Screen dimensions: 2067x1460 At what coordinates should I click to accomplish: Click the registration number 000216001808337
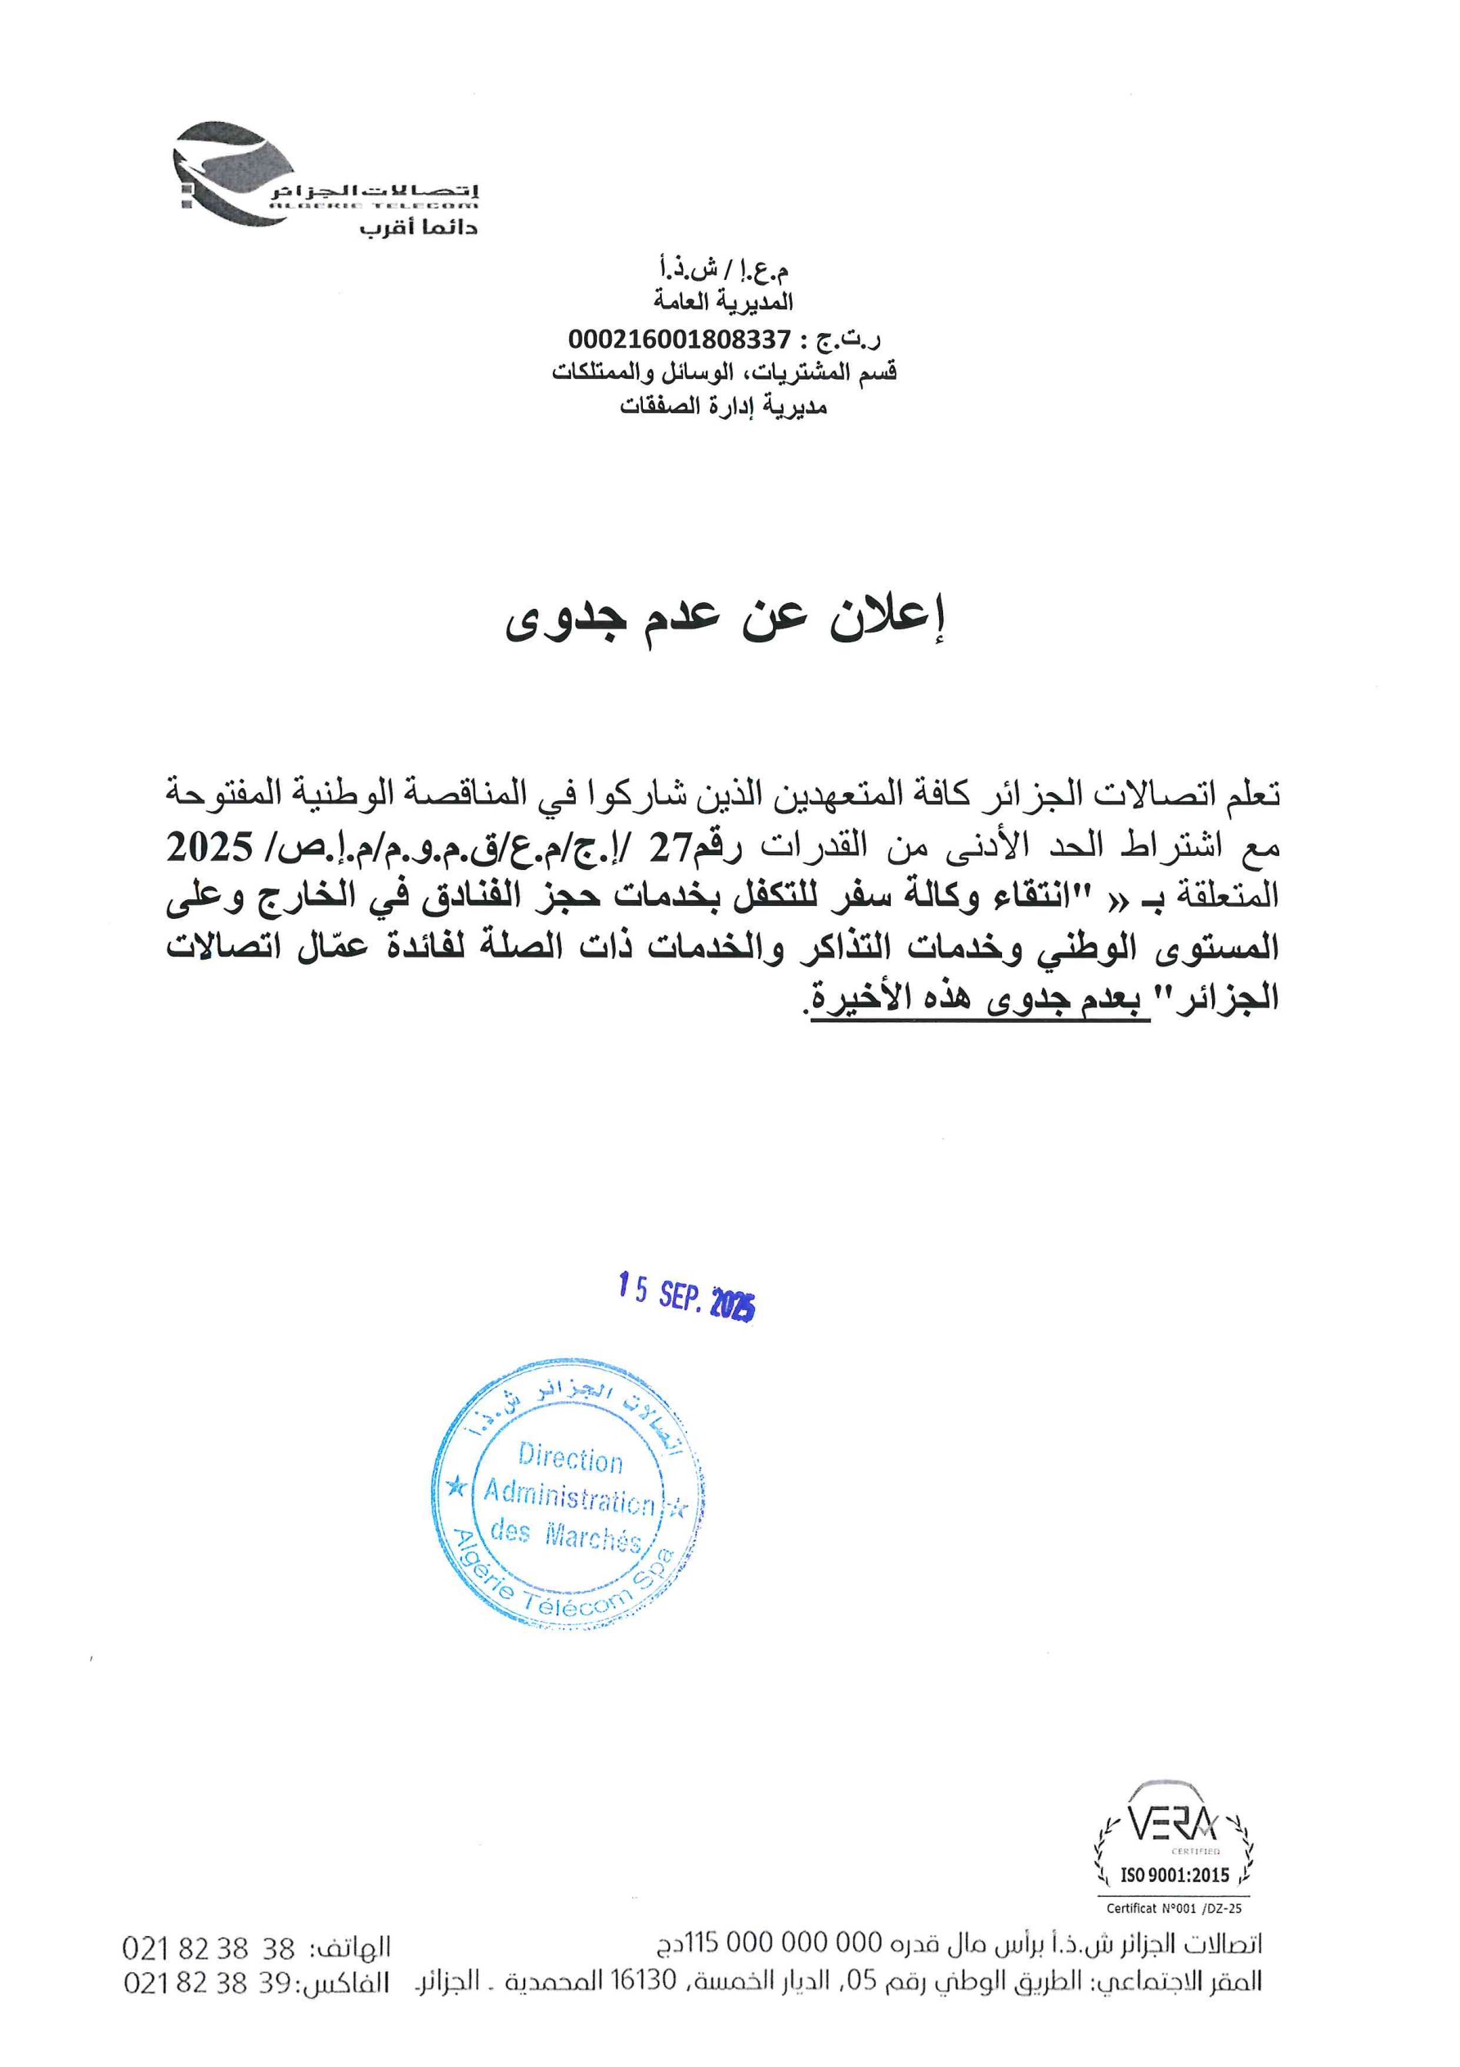click(x=679, y=340)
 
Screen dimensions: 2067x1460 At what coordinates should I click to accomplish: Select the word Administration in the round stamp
click(x=569, y=1495)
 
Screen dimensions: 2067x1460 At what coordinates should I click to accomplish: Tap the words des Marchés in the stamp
click(x=565, y=1534)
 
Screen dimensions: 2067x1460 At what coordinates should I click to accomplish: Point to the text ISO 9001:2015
click(x=1174, y=1876)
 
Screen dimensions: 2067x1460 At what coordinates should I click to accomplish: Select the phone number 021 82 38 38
click(x=209, y=1950)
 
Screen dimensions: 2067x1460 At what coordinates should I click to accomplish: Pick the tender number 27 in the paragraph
click(x=675, y=846)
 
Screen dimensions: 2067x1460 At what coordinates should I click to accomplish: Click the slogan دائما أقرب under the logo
click(x=419, y=226)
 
